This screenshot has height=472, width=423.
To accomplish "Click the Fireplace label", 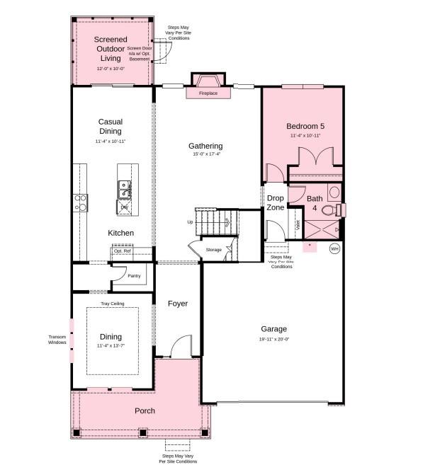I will tap(208, 93).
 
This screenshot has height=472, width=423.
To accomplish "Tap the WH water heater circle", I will tap(334, 248).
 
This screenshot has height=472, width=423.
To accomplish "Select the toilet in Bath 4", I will tap(329, 210).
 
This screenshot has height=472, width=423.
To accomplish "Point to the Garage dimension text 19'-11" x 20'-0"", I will tap(274, 340).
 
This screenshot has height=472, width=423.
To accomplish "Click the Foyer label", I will tap(178, 304).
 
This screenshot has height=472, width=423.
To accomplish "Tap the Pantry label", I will tap(134, 276).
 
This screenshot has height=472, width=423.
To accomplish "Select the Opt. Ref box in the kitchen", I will tap(123, 251).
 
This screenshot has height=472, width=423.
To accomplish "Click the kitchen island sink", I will tap(125, 188).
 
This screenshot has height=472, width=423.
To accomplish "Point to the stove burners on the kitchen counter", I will tap(80, 203).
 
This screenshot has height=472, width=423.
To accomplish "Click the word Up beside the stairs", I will tap(190, 222).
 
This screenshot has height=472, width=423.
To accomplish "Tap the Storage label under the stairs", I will tap(213, 250).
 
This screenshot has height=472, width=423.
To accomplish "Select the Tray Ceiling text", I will tap(112, 303).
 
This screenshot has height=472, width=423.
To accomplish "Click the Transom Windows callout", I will tap(57, 340).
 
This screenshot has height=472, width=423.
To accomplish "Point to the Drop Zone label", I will tap(276, 203).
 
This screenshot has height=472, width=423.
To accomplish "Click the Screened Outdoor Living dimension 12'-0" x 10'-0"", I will tap(111, 69).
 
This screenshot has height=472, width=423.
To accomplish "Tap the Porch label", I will tap(145, 410).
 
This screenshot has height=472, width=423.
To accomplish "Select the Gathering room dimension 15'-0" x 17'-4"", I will tap(205, 155).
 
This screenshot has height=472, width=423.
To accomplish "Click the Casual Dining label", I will tap(111, 127).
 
